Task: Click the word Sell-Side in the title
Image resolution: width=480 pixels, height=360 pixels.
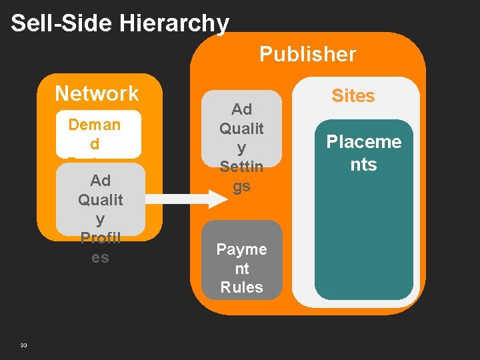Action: tap(61, 23)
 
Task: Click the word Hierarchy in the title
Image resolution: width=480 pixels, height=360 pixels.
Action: tap(174, 23)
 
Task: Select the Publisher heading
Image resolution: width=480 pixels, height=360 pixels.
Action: tap(307, 54)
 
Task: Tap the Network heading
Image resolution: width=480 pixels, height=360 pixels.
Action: tap(97, 93)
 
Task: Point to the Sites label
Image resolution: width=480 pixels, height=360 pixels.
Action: tap(353, 96)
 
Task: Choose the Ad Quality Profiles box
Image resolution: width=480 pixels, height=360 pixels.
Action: tap(100, 200)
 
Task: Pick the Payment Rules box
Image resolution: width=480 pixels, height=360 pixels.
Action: tap(241, 260)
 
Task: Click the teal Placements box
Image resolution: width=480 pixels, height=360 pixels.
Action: tap(364, 220)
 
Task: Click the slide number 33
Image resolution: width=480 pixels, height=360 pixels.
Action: tap(23, 345)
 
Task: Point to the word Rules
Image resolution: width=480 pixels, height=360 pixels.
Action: tap(241, 287)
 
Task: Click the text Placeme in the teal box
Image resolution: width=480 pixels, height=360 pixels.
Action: tap(364, 142)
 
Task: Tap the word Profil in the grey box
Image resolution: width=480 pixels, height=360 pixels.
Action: tap(100, 238)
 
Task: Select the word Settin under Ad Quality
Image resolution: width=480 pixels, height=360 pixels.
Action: tap(241, 166)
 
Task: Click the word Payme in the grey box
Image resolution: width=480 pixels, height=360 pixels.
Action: tap(241, 249)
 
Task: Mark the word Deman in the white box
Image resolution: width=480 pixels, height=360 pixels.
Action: tap(95, 125)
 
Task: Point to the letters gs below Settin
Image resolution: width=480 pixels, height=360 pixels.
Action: tap(241, 185)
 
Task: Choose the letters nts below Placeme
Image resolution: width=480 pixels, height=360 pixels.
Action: tap(364, 164)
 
